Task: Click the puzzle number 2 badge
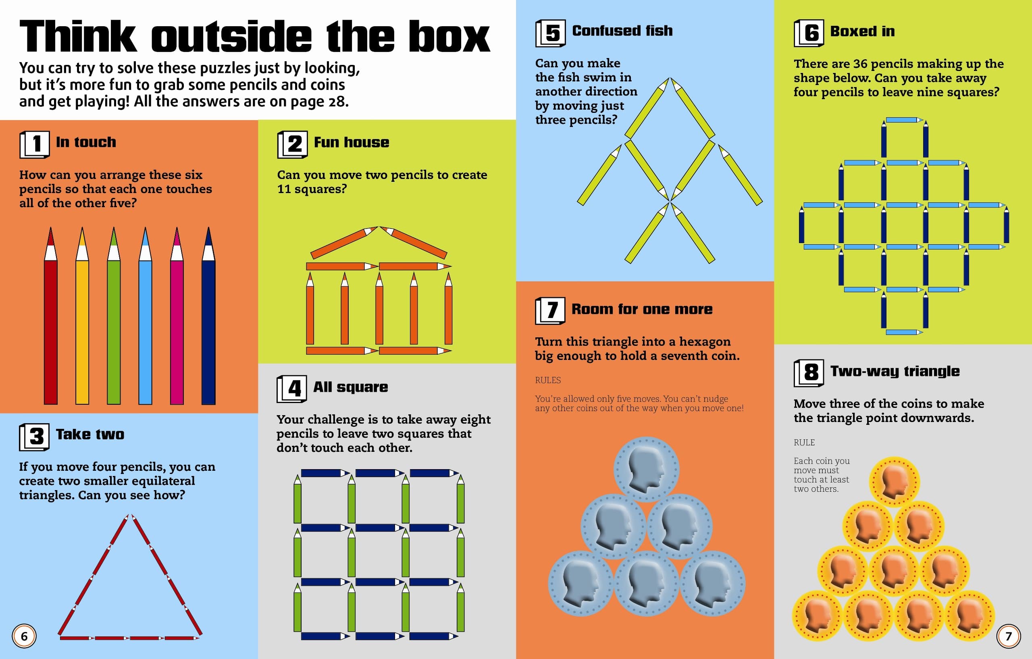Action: coord(292,144)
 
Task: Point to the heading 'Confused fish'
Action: coord(622,31)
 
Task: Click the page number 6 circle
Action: coord(24,636)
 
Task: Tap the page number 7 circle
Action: coord(1009,636)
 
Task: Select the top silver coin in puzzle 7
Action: coord(646,469)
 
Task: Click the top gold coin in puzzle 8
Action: coord(895,482)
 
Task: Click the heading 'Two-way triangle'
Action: coord(895,371)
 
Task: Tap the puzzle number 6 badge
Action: coord(809,33)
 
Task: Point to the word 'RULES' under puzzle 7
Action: coord(548,380)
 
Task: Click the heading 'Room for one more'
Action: coord(642,309)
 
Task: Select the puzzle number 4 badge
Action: coord(292,389)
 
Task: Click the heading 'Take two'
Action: coord(90,434)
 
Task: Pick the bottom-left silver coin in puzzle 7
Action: coord(581,584)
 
